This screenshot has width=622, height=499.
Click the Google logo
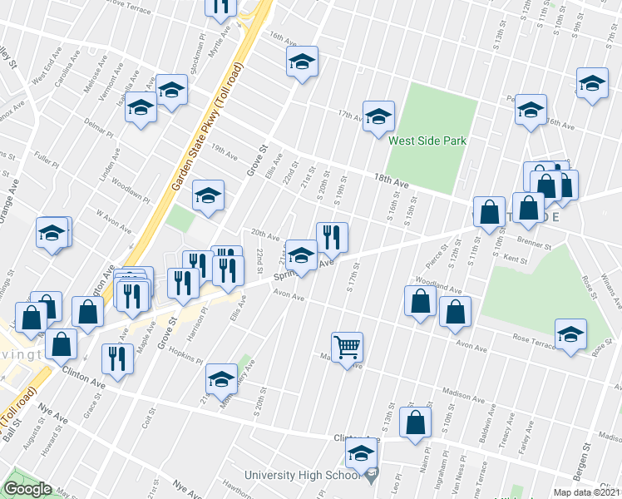28,488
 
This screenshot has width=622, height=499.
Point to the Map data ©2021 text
585,492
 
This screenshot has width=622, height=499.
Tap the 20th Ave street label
265,236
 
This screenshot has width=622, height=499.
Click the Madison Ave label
462,394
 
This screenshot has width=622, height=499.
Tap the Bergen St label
586,456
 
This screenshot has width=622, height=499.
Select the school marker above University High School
361,454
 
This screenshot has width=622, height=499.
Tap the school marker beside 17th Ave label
378,116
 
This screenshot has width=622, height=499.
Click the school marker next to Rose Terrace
571,334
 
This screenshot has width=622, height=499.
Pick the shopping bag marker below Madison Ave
415,422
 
